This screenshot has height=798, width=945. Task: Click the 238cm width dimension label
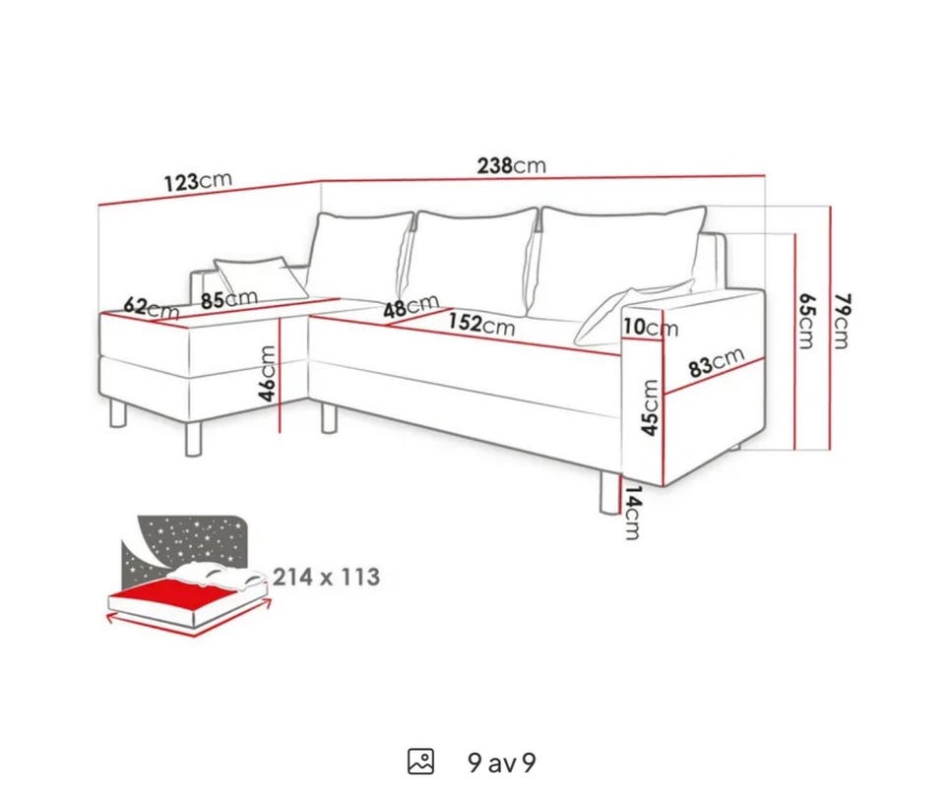tap(512, 165)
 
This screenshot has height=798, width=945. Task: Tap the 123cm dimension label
tap(198, 181)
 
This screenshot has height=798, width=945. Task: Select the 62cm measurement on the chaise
tap(152, 308)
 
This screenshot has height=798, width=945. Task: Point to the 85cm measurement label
tap(229, 299)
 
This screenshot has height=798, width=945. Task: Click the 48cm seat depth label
tap(411, 307)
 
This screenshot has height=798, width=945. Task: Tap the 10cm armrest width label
tap(651, 327)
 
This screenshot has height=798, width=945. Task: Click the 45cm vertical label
tap(650, 407)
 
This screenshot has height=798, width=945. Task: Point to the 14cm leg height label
tap(633, 513)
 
